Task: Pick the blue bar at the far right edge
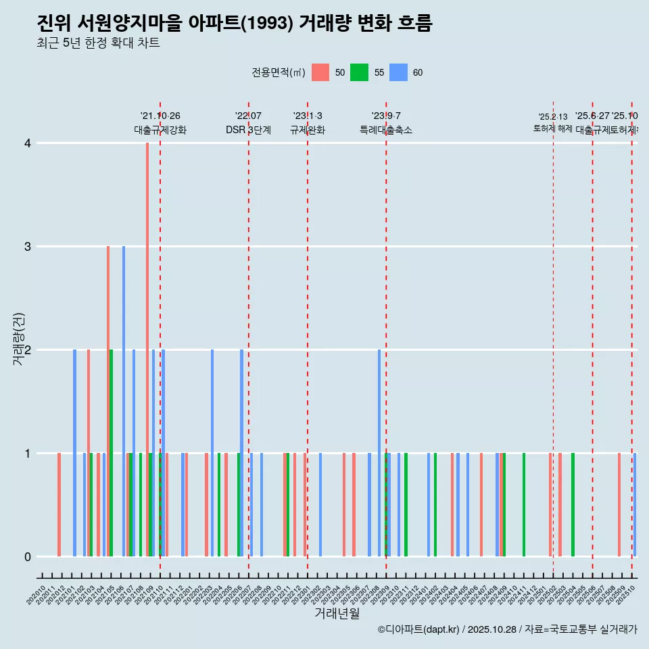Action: tap(635, 504)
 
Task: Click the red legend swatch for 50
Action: tap(320, 72)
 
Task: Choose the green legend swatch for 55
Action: tap(359, 72)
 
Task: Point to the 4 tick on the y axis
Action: tap(28, 143)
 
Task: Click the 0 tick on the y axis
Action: tap(28, 557)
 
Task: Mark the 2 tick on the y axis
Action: tap(28, 350)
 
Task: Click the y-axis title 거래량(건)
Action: tap(18, 339)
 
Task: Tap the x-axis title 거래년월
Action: tap(337, 613)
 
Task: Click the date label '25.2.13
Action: tap(553, 117)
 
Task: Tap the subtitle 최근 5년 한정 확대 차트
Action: tap(98, 43)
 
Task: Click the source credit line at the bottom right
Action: tap(507, 629)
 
